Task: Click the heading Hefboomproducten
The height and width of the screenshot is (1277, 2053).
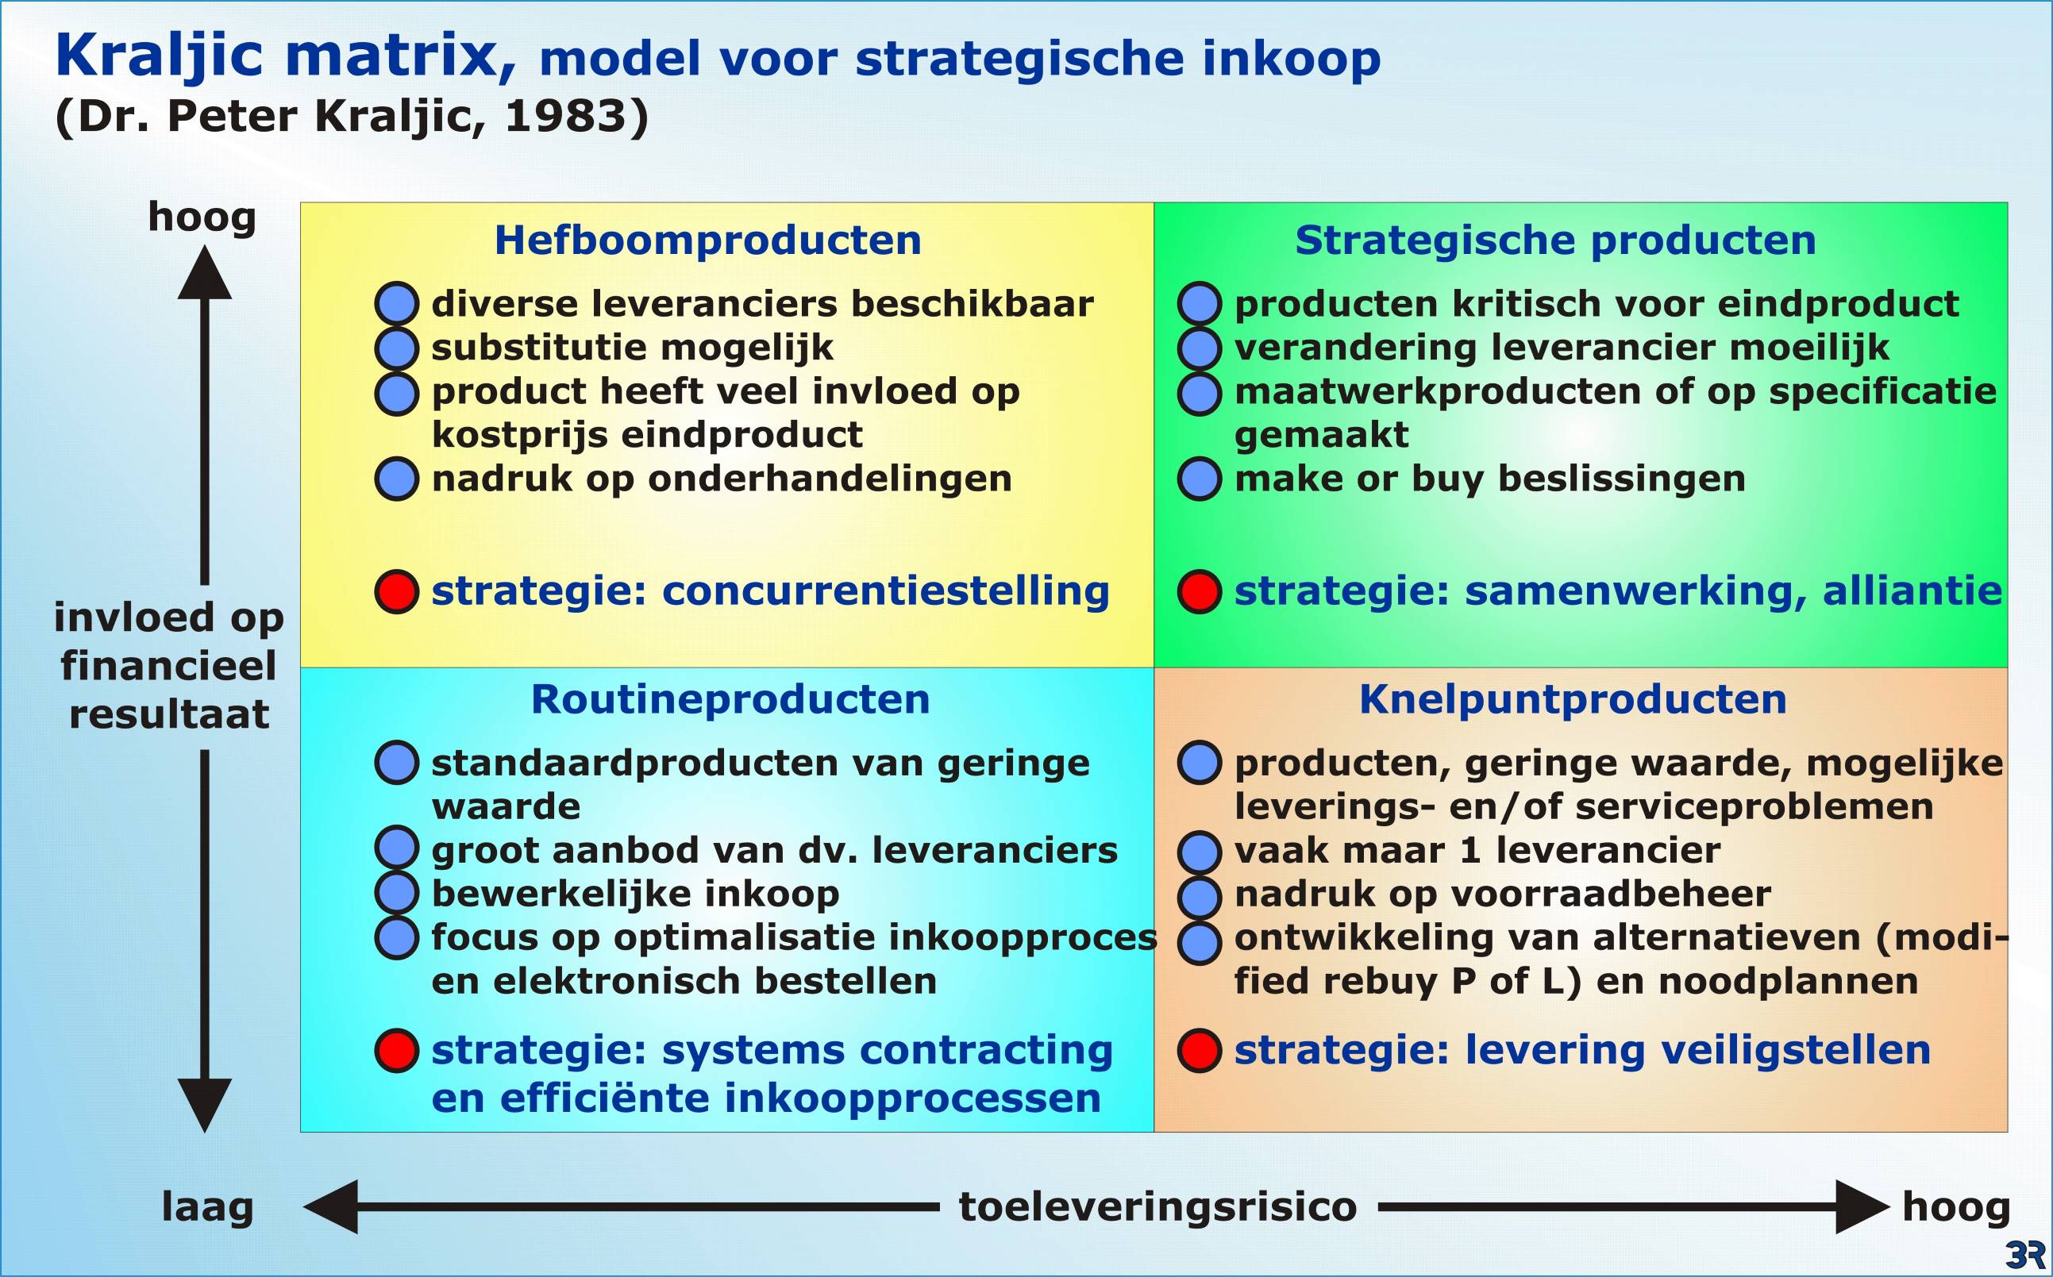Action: point(708,240)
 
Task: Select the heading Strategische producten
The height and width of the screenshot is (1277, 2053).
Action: point(1555,240)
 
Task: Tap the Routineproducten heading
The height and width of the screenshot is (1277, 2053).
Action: point(730,699)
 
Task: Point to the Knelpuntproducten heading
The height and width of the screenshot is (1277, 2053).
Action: point(1573,699)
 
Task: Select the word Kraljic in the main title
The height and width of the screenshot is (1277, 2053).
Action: point(160,56)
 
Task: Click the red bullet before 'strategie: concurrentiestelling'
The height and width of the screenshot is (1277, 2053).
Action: point(396,591)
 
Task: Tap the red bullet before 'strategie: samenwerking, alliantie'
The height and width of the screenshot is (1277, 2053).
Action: point(1199,591)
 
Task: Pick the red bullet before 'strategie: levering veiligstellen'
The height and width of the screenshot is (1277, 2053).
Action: point(1199,1051)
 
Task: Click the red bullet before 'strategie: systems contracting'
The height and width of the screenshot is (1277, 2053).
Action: point(396,1051)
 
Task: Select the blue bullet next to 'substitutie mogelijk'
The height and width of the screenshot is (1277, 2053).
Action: point(396,348)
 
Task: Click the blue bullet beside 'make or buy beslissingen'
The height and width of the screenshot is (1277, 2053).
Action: point(1199,479)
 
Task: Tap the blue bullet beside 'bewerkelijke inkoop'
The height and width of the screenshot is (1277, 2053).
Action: point(396,893)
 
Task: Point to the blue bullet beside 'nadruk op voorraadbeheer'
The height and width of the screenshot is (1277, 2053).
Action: point(1199,897)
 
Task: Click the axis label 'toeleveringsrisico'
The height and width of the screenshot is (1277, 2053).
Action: point(1158,1206)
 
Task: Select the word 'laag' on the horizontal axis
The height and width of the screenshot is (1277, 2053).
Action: point(208,1208)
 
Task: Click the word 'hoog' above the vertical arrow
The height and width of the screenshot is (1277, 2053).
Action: point(202,218)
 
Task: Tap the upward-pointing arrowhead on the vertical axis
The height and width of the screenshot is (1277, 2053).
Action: point(205,272)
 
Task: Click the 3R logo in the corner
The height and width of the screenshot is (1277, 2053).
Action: point(2025,1254)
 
